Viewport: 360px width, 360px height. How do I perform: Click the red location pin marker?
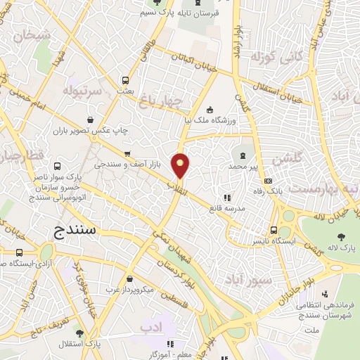click(181, 166)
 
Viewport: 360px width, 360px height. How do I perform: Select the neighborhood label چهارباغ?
click(162, 102)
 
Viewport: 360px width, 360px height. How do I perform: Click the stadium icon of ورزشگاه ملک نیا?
click(210, 109)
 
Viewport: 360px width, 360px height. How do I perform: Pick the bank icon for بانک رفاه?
click(266, 182)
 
